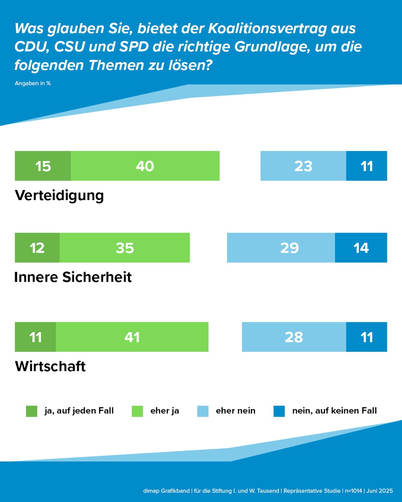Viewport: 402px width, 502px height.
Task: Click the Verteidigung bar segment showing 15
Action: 43,166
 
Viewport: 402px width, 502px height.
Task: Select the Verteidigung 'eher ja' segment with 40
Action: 145,166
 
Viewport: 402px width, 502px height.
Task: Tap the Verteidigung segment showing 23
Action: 303,166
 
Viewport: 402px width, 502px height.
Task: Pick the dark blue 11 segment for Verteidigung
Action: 366,166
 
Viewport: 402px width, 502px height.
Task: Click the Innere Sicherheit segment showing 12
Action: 37,248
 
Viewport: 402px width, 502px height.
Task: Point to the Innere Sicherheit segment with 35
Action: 125,248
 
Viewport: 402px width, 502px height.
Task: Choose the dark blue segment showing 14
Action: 361,248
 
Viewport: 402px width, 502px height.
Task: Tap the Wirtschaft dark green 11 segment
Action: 35,337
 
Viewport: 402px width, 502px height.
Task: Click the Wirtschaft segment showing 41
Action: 132,337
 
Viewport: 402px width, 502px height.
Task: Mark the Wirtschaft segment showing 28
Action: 294,337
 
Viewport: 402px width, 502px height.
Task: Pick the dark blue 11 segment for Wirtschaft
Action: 366,337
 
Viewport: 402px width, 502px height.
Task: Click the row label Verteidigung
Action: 59,195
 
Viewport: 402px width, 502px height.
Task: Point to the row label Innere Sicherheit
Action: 73,277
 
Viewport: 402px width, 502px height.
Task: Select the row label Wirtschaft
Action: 50,366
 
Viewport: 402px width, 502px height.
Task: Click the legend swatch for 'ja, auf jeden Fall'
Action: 31,411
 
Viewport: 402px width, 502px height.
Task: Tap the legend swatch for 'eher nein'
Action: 203,411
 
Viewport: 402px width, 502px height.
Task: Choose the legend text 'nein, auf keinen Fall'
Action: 334,411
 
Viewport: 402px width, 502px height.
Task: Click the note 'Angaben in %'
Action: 33,83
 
